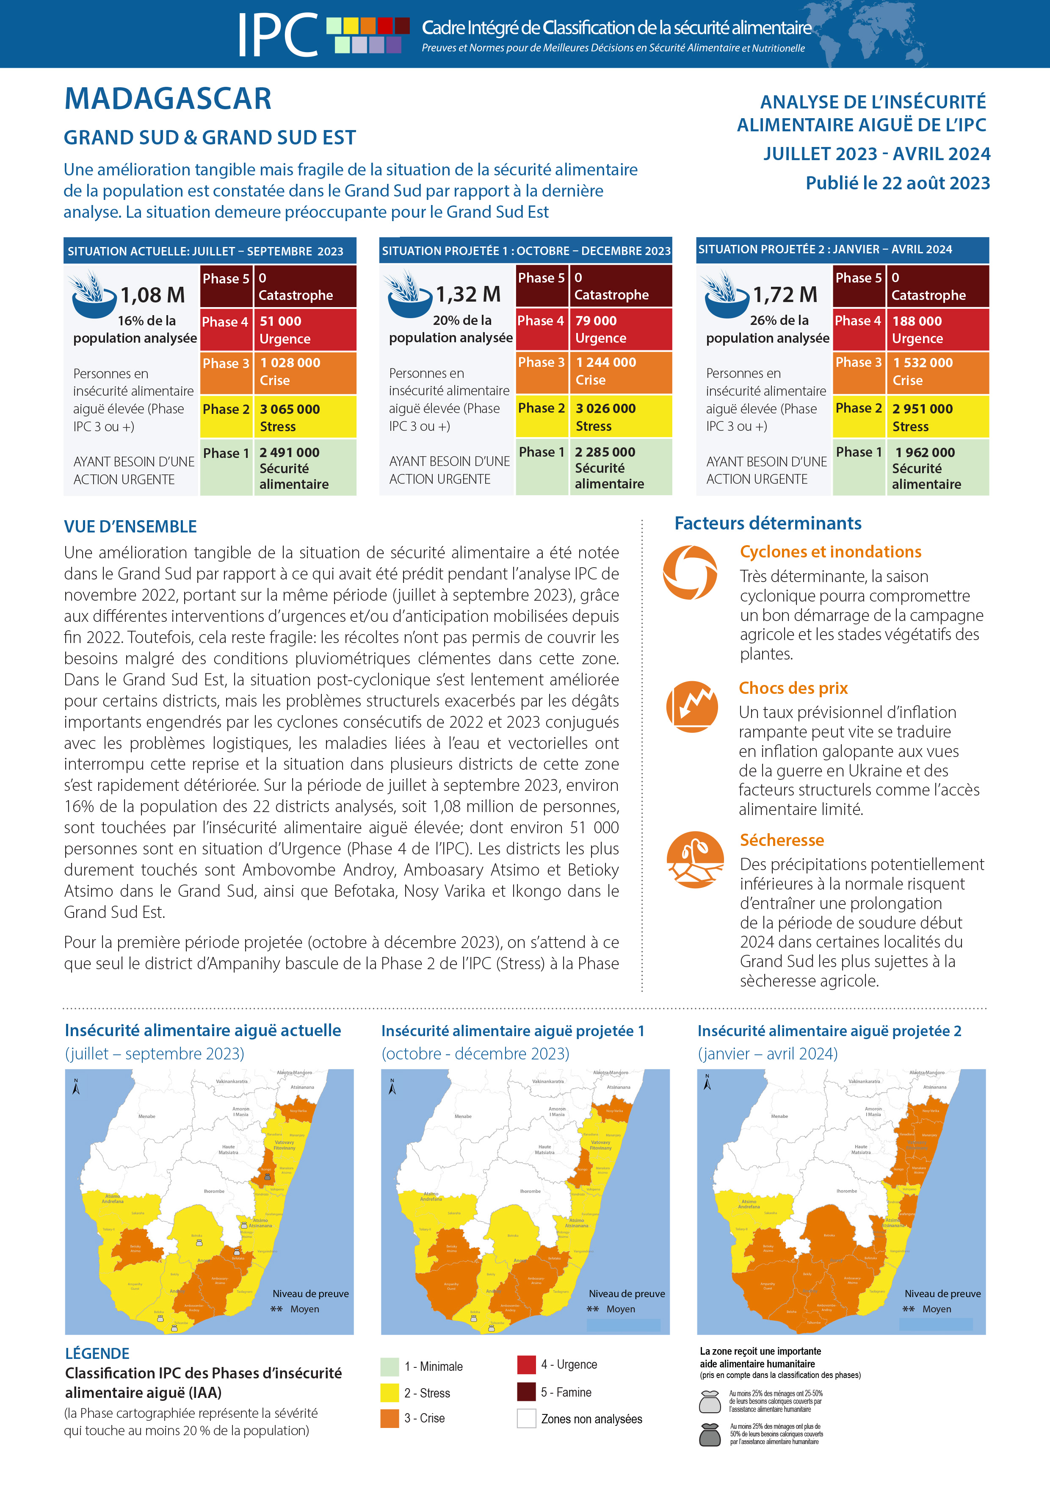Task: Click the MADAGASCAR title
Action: tap(168, 99)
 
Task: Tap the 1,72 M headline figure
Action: tap(785, 295)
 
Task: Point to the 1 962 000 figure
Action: tap(925, 452)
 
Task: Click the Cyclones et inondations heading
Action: tap(830, 552)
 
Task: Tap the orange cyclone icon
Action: tap(690, 572)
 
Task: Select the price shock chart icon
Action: tap(691, 707)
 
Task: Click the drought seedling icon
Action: tap(695, 859)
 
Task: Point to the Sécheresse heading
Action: tap(782, 840)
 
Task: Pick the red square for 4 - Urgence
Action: tap(526, 1364)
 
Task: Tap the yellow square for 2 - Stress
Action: tap(390, 1392)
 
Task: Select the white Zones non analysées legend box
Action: tap(526, 1418)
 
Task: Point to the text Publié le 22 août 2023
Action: tap(897, 183)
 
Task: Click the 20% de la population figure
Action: tap(451, 329)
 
